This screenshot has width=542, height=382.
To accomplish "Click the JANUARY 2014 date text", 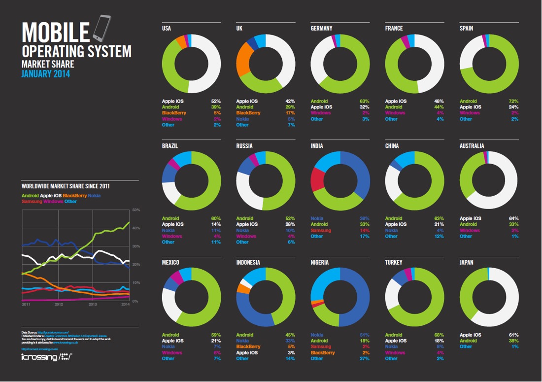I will [x=46, y=74].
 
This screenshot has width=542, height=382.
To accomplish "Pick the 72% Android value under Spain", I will [x=514, y=101].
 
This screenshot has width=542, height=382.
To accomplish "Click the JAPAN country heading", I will [x=466, y=263].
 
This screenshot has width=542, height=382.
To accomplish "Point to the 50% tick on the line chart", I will [x=136, y=210].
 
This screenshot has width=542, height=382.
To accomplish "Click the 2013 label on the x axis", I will [x=93, y=305].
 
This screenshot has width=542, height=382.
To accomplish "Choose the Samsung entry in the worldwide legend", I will [x=32, y=202].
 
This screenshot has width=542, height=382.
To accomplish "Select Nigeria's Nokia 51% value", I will [x=365, y=335].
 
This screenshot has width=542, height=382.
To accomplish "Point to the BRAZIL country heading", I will [x=170, y=146].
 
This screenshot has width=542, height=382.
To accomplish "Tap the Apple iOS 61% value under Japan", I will [x=514, y=335].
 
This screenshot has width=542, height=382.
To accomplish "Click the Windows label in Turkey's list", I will [x=395, y=353].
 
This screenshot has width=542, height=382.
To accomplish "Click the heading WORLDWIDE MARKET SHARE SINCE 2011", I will [x=66, y=187].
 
